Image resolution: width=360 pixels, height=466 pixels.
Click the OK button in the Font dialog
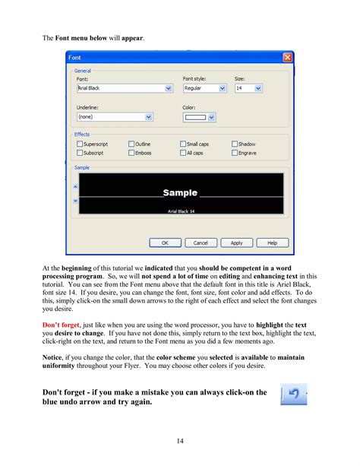pyautogui.click(x=165, y=243)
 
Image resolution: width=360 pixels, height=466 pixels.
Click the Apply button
pyautogui.click(x=236, y=243)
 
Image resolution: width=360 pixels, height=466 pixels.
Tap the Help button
pyautogui.click(x=272, y=243)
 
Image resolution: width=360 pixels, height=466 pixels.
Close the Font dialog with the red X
pyautogui.click(x=287, y=57)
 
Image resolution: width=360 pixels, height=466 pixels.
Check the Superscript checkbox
pyautogui.click(x=80, y=144)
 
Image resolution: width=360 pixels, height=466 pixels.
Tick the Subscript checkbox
pyautogui.click(x=80, y=153)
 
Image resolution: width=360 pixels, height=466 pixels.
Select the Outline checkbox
pyautogui.click(x=131, y=144)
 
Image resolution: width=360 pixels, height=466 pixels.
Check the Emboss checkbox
pyautogui.click(x=131, y=153)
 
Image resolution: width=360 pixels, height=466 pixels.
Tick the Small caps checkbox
pyautogui.click(x=183, y=144)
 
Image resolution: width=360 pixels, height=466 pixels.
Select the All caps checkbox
pyautogui.click(x=183, y=153)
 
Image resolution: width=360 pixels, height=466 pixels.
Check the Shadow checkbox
pyautogui.click(x=235, y=144)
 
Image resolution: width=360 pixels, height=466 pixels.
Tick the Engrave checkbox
pyautogui.click(x=235, y=153)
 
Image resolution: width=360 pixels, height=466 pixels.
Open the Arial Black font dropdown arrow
pyautogui.click(x=169, y=88)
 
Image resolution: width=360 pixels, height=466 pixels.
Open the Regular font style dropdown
pyautogui.click(x=223, y=88)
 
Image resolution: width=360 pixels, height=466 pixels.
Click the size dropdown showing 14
pyautogui.click(x=258, y=88)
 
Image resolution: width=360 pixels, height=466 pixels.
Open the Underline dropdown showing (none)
pyautogui.click(x=149, y=117)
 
